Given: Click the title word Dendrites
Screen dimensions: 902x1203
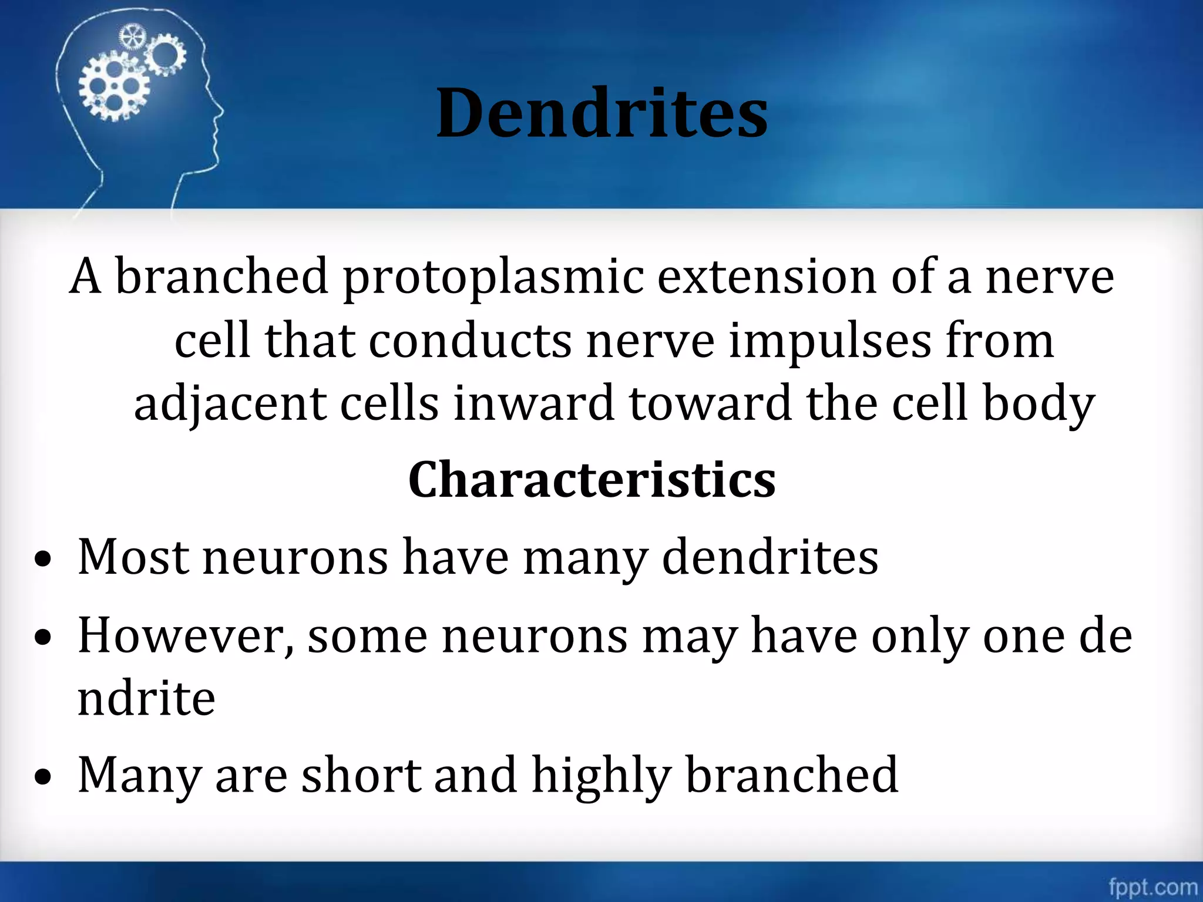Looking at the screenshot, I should coord(601,113).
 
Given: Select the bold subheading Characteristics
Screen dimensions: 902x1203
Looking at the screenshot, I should coord(592,480).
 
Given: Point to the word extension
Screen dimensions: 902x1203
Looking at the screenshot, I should coord(767,276).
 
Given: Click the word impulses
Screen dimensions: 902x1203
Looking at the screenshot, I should coord(829,341).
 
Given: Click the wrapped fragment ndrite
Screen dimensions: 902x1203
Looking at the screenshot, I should coord(146,698).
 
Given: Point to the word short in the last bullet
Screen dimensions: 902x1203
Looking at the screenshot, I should coord(361,775).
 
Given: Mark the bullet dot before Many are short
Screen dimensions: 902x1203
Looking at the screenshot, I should coord(42,779).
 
